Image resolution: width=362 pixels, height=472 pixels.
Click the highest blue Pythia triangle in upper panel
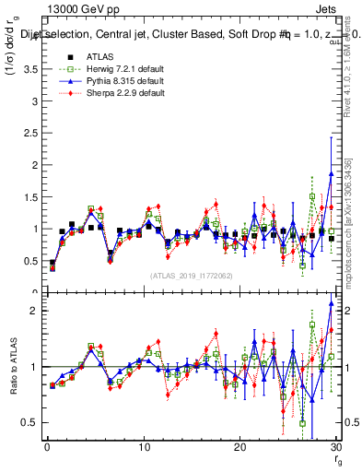[331, 173]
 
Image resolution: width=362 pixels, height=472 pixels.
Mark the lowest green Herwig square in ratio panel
[302, 423]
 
